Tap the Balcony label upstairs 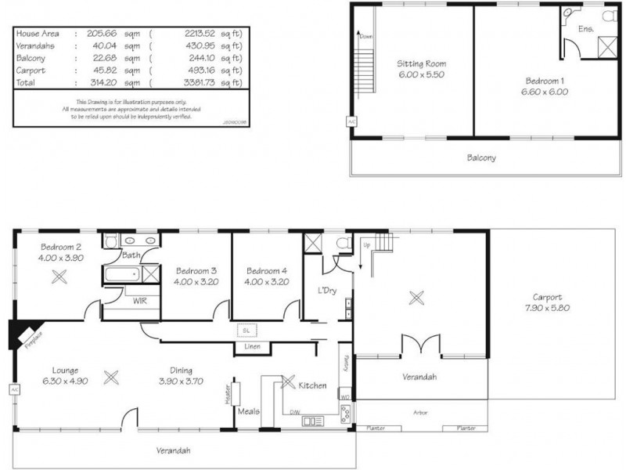pyautogui.click(x=481, y=157)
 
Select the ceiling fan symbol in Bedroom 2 pyautogui.click(x=57, y=276)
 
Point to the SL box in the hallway pyautogui.click(x=245, y=331)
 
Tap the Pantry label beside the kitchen pyautogui.click(x=344, y=363)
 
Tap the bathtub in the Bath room pyautogui.click(x=121, y=274)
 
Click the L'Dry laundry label pyautogui.click(x=328, y=291)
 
